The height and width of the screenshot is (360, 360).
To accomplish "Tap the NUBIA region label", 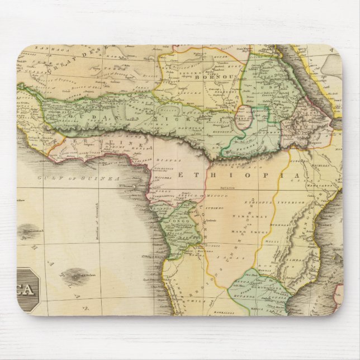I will pyautogui.click(x=267, y=87).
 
